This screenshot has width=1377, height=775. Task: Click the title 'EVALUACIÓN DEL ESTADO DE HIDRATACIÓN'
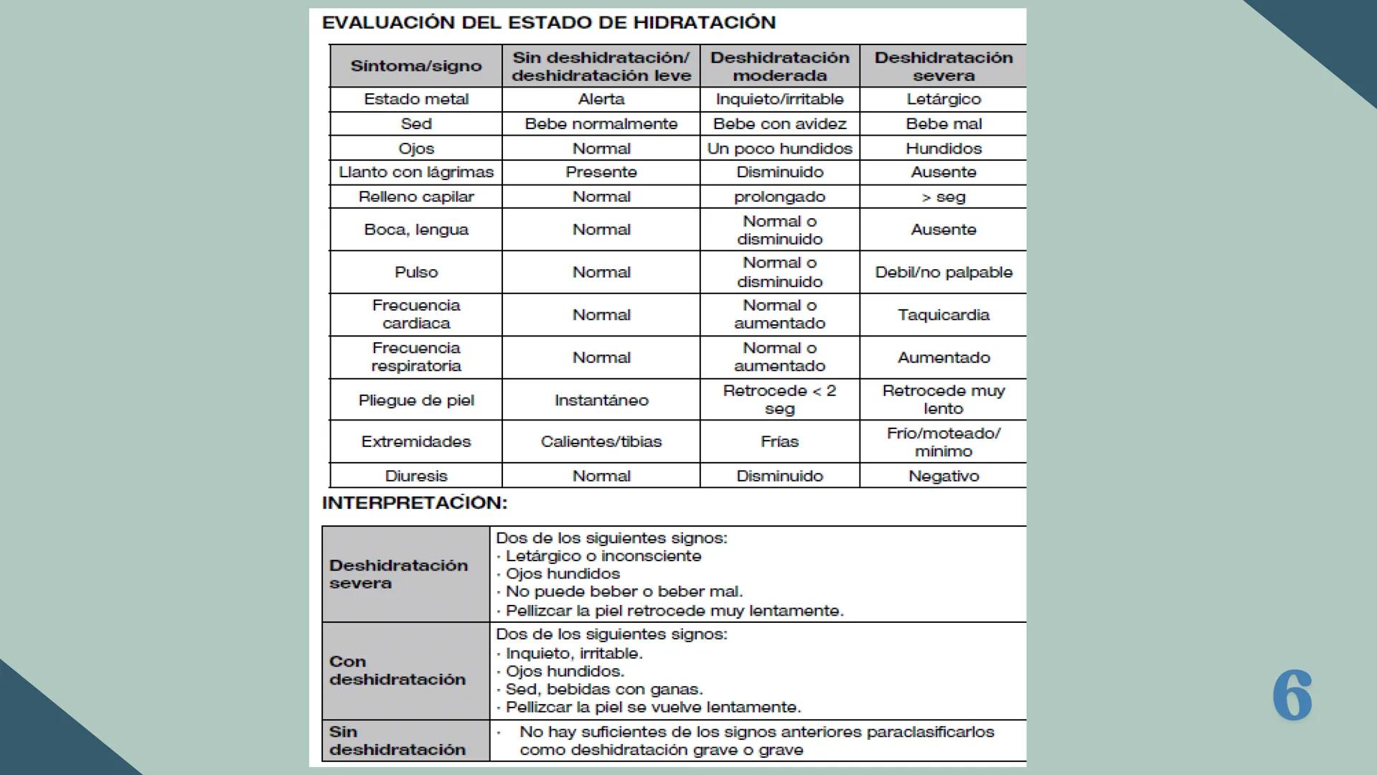pos(548,23)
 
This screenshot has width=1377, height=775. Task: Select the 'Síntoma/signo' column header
pos(415,66)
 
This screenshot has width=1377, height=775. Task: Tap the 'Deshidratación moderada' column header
pos(779,66)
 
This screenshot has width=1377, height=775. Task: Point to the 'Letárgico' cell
pos(943,99)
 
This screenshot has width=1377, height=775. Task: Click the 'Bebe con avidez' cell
pos(779,123)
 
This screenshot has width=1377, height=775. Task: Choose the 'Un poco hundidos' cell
pos(779,149)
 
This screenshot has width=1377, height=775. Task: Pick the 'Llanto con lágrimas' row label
pos(415,172)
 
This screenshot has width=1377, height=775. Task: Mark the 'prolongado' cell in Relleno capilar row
pos(779,197)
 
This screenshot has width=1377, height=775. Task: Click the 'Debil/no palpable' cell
pos(943,272)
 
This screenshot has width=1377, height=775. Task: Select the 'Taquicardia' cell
pos(943,314)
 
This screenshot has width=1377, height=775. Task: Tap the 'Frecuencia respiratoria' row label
pos(415,357)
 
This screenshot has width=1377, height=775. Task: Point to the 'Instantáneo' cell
pos(601,400)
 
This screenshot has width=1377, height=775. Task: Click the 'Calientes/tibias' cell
pos(601,441)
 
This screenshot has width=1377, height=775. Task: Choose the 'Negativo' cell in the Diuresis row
pos(943,476)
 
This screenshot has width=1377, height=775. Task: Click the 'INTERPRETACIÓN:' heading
pos(414,503)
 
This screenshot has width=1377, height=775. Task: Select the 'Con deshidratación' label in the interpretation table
pos(397,670)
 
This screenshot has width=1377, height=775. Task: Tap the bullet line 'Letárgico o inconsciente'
pos(603,556)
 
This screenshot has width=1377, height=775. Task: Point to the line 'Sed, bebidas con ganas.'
pos(603,689)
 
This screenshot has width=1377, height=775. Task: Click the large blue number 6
pos(1292,695)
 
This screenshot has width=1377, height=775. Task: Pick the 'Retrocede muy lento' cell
pos(943,400)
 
